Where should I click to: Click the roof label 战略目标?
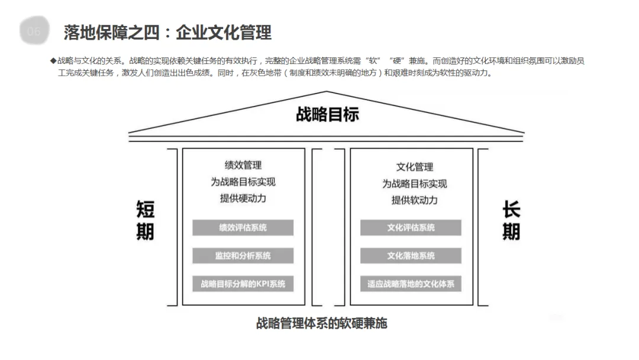coord(327,114)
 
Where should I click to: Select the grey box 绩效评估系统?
coord(243,227)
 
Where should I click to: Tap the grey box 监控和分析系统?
coord(243,256)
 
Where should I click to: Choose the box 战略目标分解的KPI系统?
coord(243,284)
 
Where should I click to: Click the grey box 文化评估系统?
coord(411,227)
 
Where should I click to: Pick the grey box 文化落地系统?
coord(411,256)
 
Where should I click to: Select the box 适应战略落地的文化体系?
coord(411,284)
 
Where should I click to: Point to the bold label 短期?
coord(146,220)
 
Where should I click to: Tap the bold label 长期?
coord(511,220)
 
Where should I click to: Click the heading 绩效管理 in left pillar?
coord(243,165)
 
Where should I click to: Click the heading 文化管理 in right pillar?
coord(414,167)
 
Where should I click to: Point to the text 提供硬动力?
coord(243,198)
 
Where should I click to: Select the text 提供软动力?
coord(414,200)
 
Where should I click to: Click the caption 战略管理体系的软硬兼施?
coord(321,323)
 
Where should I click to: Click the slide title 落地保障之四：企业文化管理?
coord(167,33)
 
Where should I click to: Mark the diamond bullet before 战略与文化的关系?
coord(53,61)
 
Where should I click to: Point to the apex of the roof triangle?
coord(326,92)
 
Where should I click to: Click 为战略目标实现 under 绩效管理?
coord(243,182)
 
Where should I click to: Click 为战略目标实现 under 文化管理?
coord(414,184)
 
